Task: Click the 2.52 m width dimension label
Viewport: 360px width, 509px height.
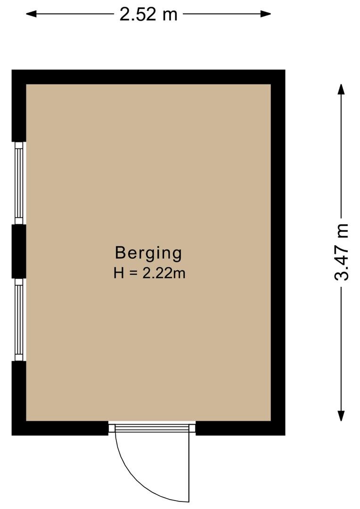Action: point(148,14)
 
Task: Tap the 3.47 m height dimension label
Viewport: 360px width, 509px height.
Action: point(341,252)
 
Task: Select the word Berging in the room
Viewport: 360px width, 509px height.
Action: point(148,254)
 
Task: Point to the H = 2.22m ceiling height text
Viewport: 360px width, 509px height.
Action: point(149,273)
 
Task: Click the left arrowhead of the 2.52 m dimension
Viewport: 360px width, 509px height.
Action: point(31,14)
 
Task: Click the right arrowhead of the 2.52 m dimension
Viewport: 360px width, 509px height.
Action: point(266,14)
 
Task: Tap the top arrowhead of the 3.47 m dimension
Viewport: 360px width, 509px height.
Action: point(341,89)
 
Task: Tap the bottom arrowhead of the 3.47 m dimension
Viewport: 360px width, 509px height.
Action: point(341,416)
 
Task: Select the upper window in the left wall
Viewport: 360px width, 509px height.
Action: point(19,183)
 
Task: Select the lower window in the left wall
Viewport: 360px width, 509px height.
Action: point(19,320)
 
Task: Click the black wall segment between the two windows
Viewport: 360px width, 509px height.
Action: point(19,251)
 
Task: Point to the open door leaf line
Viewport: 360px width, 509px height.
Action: point(189,468)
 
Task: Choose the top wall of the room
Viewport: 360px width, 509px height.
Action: point(148,77)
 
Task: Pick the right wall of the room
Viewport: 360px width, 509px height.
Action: point(278,252)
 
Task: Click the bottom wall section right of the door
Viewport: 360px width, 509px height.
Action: point(240,428)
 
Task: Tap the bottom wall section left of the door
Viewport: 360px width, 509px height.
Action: point(60,428)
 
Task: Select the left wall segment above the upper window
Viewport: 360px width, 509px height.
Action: point(19,106)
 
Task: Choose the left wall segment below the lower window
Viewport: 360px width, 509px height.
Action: point(19,398)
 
